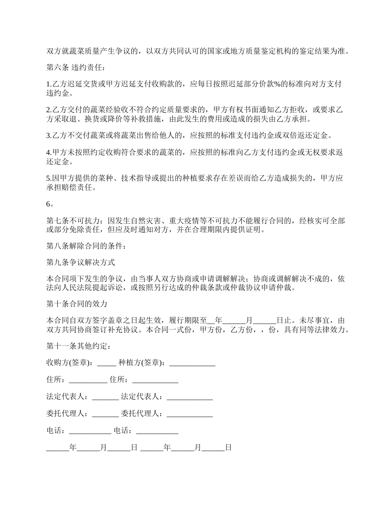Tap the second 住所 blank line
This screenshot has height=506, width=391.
pos(155,381)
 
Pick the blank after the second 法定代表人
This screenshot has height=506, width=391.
pos(190,398)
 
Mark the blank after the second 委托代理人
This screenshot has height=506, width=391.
pos(190,414)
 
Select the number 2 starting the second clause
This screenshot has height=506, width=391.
pos(48,110)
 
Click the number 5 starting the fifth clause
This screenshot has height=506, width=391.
pos(48,178)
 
